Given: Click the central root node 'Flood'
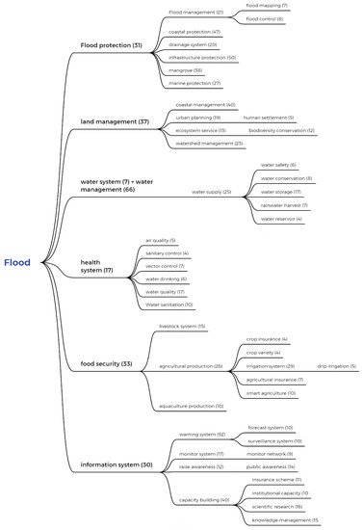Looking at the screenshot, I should tap(16, 262).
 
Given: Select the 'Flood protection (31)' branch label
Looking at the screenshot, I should tap(111, 44).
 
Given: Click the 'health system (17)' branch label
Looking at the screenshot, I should tap(96, 266).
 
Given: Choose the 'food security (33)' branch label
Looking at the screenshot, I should tap(106, 364).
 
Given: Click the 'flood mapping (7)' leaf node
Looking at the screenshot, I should tap(267, 6).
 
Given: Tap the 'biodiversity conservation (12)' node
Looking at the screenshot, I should tap(281, 130).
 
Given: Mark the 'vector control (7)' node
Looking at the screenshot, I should tap(165, 266).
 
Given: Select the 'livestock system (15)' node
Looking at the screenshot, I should tap(182, 327).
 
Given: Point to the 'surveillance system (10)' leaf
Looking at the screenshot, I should tap(274, 440).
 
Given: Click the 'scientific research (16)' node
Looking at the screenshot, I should tap(277, 505).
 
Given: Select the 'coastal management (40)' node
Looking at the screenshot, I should tap(204, 104).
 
